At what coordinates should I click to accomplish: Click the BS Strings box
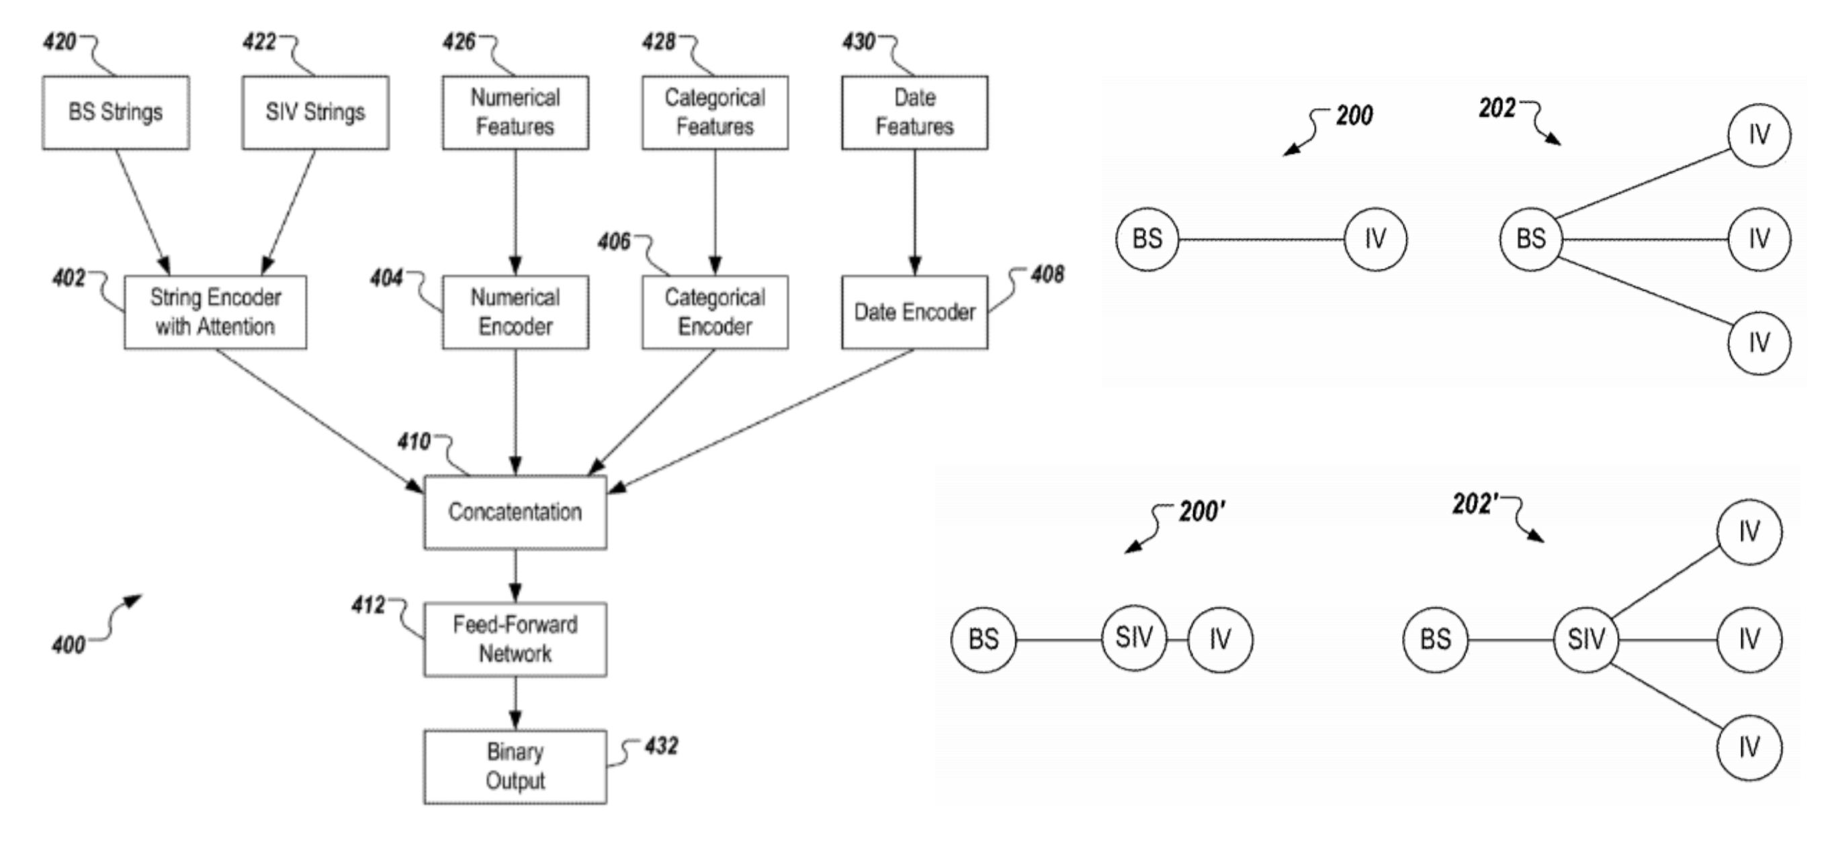point(116,112)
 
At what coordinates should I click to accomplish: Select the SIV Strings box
point(316,112)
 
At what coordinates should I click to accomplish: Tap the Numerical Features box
point(515,112)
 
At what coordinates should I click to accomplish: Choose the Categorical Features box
point(715,112)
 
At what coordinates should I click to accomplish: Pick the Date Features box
point(914,112)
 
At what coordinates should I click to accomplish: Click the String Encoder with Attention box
point(216,312)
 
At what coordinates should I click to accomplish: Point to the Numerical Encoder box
point(515,312)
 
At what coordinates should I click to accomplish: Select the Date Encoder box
point(914,312)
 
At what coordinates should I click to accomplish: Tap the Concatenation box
point(515,512)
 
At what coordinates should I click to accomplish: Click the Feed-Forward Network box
point(515,639)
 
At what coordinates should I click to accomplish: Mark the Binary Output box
point(515,767)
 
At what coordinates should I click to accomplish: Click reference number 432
point(660,745)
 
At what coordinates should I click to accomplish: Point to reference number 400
point(69,645)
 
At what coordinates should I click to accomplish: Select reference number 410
point(414,442)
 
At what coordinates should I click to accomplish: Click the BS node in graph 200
point(1147,239)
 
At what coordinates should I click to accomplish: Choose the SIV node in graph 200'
point(1133,638)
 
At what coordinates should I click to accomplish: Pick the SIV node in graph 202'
point(1585,639)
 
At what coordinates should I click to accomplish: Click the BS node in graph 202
point(1530,239)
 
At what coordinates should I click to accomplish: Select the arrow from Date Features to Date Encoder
point(914,213)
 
